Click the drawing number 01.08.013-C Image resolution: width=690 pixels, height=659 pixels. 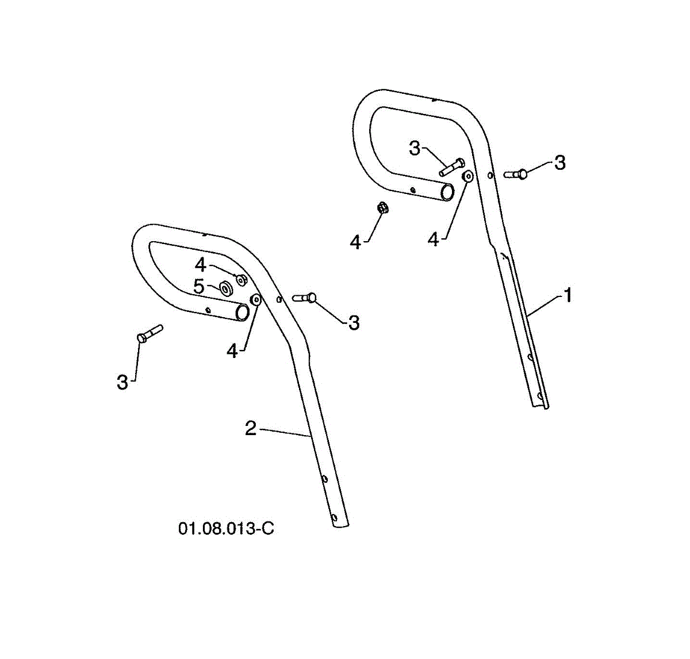(226, 528)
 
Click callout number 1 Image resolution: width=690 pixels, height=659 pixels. (568, 296)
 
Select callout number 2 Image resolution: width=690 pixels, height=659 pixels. (250, 428)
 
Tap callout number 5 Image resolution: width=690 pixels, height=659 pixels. (198, 286)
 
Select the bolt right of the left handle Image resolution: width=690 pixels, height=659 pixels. (305, 298)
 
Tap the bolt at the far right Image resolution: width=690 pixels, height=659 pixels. (516, 173)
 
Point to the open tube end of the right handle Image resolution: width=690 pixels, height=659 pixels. (447, 192)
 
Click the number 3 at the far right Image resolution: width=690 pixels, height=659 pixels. (559, 163)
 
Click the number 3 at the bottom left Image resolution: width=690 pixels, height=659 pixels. (122, 382)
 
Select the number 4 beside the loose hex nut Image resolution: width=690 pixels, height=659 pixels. (356, 242)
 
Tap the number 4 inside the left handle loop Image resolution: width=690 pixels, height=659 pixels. (200, 265)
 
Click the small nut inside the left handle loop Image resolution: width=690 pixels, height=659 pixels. (243, 280)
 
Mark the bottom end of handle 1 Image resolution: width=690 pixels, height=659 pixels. (543, 405)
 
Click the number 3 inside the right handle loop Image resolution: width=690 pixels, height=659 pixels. (415, 148)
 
